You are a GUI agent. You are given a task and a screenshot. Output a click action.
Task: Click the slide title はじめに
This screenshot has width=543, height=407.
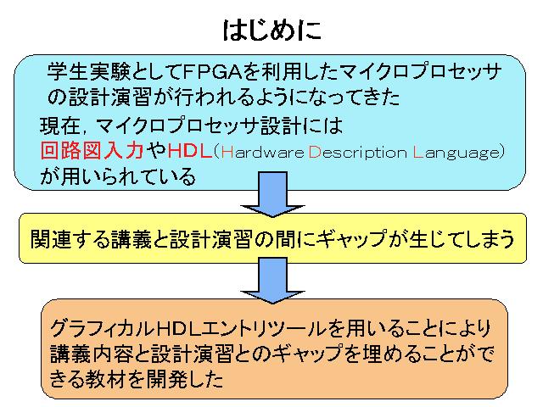271,31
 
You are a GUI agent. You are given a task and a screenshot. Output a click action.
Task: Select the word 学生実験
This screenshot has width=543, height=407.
88,72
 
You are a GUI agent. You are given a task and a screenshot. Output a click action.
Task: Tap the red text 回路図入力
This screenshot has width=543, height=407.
92,151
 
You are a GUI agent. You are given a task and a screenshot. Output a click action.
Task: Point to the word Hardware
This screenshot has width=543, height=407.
262,152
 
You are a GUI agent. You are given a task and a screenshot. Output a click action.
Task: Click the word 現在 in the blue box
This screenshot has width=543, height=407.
60,125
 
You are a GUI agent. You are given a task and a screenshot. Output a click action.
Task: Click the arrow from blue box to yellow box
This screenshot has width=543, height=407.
273,194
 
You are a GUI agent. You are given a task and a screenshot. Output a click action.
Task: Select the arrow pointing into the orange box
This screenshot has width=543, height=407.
273,281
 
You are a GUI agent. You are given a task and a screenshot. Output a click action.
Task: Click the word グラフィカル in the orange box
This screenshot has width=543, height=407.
102,328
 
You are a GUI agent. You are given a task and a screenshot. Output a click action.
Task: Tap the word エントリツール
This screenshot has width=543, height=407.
263,328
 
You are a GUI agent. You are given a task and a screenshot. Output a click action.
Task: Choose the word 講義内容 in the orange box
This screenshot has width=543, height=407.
90,354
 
